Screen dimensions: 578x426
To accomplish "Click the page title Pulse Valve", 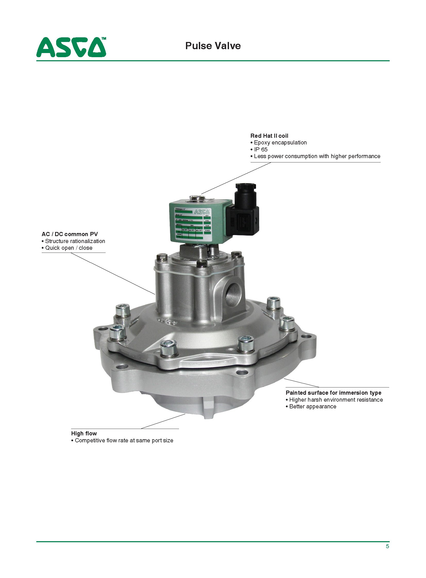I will tap(213, 46).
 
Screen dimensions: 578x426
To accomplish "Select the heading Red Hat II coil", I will tap(269, 136).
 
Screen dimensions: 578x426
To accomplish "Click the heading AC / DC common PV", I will tap(70, 234).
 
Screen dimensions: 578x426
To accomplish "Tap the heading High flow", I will tap(84, 433).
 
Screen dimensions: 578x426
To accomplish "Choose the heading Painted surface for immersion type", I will tap(333, 393).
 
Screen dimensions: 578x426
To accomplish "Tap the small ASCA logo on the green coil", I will tap(201, 212).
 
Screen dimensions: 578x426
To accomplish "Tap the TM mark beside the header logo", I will tap(103, 38).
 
